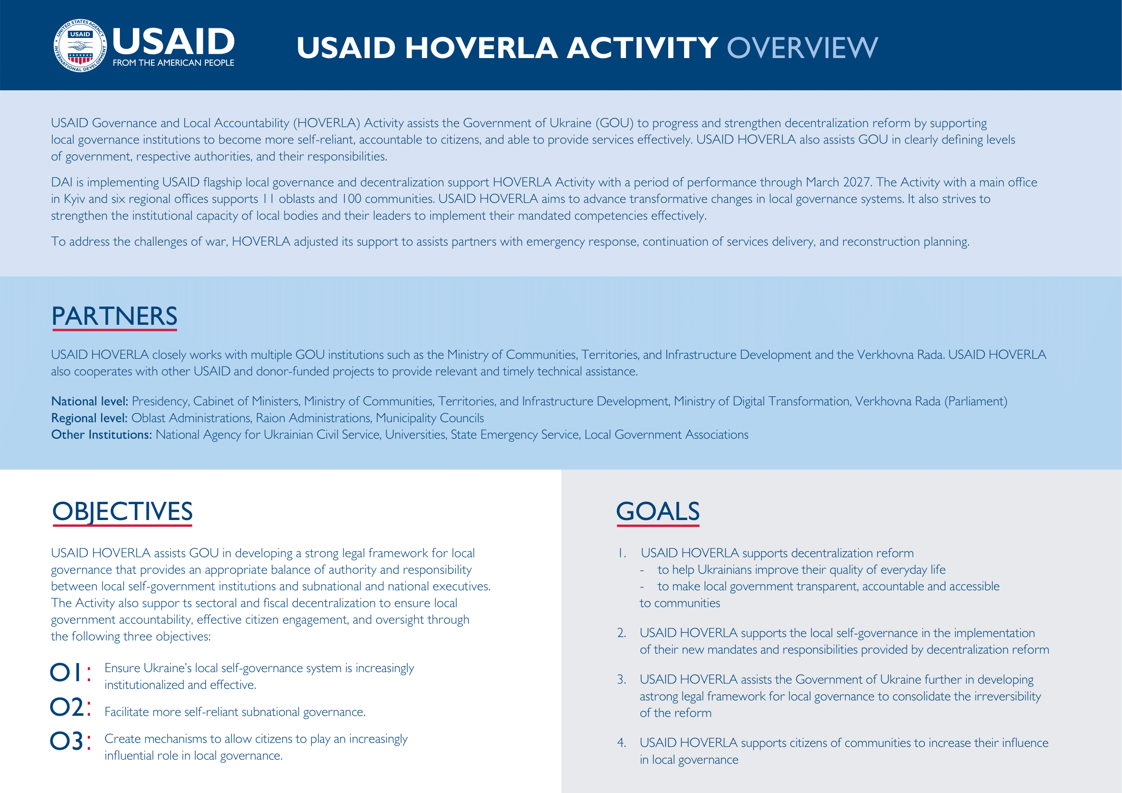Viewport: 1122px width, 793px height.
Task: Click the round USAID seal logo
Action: click(x=80, y=46)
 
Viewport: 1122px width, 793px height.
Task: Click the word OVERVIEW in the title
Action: click(x=802, y=48)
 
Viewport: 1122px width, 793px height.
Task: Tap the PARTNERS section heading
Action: click(x=114, y=316)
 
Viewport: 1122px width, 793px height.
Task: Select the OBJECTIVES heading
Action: click(x=122, y=511)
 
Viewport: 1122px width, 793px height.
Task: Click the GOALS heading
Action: click(x=657, y=511)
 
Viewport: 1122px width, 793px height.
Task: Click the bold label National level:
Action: click(x=89, y=402)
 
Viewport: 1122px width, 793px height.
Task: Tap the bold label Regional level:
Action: click(x=89, y=418)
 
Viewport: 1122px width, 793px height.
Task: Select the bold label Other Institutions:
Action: click(x=101, y=435)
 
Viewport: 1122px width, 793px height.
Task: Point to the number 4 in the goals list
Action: click(x=621, y=743)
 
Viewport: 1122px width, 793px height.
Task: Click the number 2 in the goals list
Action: click(x=621, y=633)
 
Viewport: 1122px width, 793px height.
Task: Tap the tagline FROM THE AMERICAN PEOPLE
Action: click(x=174, y=63)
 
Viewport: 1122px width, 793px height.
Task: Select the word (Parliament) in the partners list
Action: click(x=975, y=402)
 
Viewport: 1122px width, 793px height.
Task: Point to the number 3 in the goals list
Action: click(x=621, y=680)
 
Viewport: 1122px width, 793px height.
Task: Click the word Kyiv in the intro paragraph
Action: click(x=74, y=200)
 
